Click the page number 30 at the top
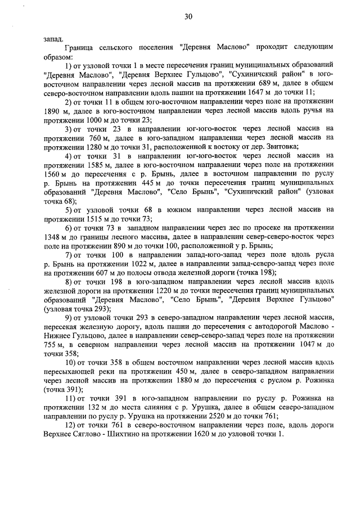pos(188,17)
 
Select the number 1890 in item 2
pos(52,111)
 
